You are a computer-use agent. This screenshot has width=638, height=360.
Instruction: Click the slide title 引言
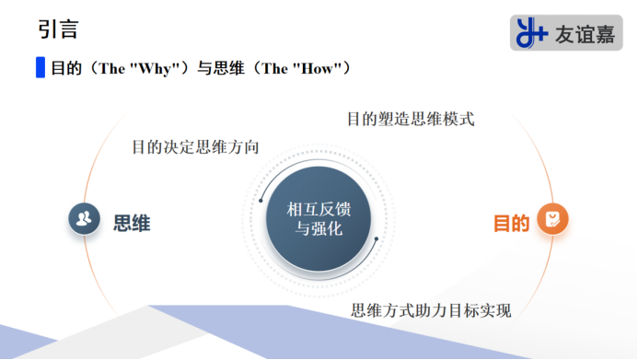tap(58, 29)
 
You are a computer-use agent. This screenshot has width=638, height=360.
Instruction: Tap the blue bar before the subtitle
tap(40, 68)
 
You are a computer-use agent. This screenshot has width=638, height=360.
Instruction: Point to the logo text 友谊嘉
tap(585, 34)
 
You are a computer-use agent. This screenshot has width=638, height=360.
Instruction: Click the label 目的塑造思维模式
tap(410, 119)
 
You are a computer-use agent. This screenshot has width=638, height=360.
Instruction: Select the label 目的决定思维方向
tap(195, 147)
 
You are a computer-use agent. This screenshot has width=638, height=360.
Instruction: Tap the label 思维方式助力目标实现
tap(430, 309)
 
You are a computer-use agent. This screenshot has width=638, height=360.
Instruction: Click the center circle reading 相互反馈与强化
tap(319, 219)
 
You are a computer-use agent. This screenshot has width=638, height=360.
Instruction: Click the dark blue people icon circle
tap(85, 219)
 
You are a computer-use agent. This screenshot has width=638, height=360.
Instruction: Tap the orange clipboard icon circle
tap(552, 219)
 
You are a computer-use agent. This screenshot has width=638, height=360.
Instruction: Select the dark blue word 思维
tap(132, 223)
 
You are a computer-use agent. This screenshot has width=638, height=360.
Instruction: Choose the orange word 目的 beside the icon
tap(511, 224)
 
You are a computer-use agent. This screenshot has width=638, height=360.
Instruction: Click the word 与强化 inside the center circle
tap(319, 229)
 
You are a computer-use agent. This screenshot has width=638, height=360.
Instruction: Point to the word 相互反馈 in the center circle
tap(319, 210)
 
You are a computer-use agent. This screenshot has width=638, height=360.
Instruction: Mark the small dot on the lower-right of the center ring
tap(377, 239)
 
